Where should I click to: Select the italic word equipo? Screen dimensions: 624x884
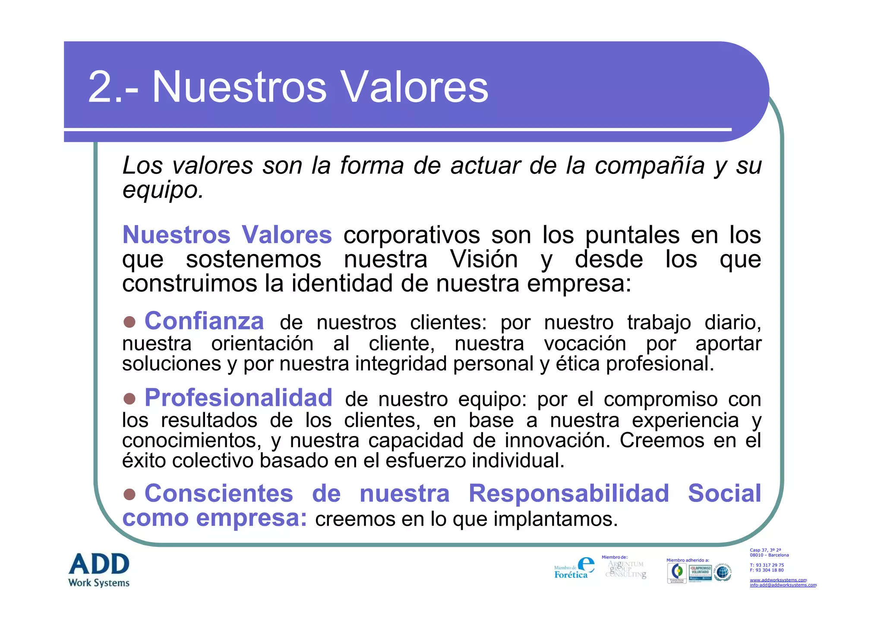[163, 190]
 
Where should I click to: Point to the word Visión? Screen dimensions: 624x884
[483, 260]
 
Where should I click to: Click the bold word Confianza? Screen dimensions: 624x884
[204, 321]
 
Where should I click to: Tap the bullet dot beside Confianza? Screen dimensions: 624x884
[129, 322]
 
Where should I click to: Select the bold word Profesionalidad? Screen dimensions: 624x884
[238, 398]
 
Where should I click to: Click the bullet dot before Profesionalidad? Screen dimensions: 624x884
[129, 398]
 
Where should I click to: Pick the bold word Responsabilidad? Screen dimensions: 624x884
[568, 493]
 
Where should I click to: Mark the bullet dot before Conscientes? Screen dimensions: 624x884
[129, 494]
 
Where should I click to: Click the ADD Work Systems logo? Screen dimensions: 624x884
[99, 570]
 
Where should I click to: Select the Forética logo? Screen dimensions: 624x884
[574, 568]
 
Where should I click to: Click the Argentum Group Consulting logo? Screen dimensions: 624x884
[626, 569]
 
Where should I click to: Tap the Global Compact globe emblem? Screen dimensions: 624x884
[723, 573]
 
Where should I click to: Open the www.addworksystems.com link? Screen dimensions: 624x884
[778, 580]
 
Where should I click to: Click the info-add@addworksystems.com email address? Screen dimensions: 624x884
[783, 585]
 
